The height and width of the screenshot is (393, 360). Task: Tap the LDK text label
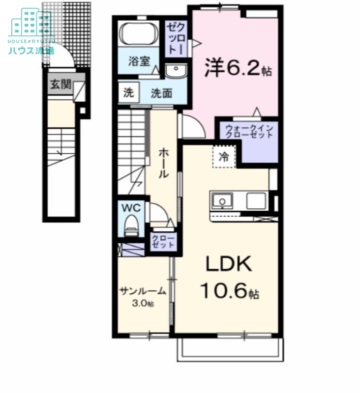pyautogui.click(x=228, y=265)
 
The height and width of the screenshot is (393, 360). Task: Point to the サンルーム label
pyautogui.click(x=143, y=291)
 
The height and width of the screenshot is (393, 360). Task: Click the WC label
pyautogui.click(x=131, y=208)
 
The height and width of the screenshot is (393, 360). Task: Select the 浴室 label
pyautogui.click(x=137, y=61)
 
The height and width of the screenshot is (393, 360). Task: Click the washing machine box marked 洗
pyautogui.click(x=128, y=93)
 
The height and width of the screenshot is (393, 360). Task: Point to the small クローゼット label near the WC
pyautogui.click(x=163, y=241)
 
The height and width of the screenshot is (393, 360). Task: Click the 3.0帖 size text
pyautogui.click(x=143, y=304)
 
